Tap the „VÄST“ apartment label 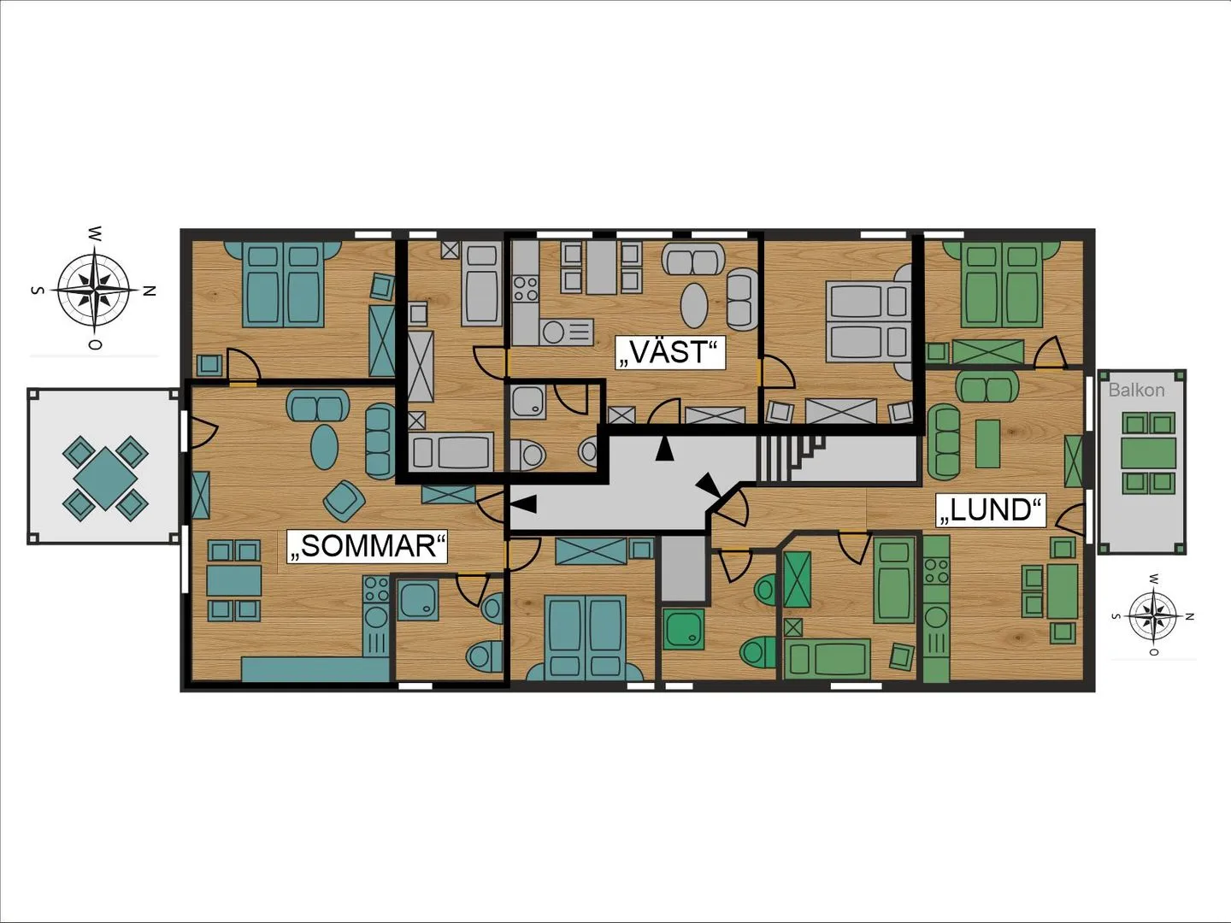pyautogui.click(x=668, y=352)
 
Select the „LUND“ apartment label pyautogui.click(x=991, y=510)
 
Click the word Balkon pyautogui.click(x=1136, y=390)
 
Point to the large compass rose pyautogui.click(x=95, y=290)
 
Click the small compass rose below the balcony pyautogui.click(x=1151, y=616)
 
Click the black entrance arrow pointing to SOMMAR pyautogui.click(x=523, y=504)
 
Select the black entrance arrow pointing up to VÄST pyautogui.click(x=664, y=449)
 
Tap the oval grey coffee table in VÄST pyautogui.click(x=694, y=306)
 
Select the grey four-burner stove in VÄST pyautogui.click(x=526, y=289)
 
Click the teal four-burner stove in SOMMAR pyautogui.click(x=376, y=589)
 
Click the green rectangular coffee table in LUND pyautogui.click(x=987, y=444)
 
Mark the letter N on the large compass pyautogui.click(x=150, y=291)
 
